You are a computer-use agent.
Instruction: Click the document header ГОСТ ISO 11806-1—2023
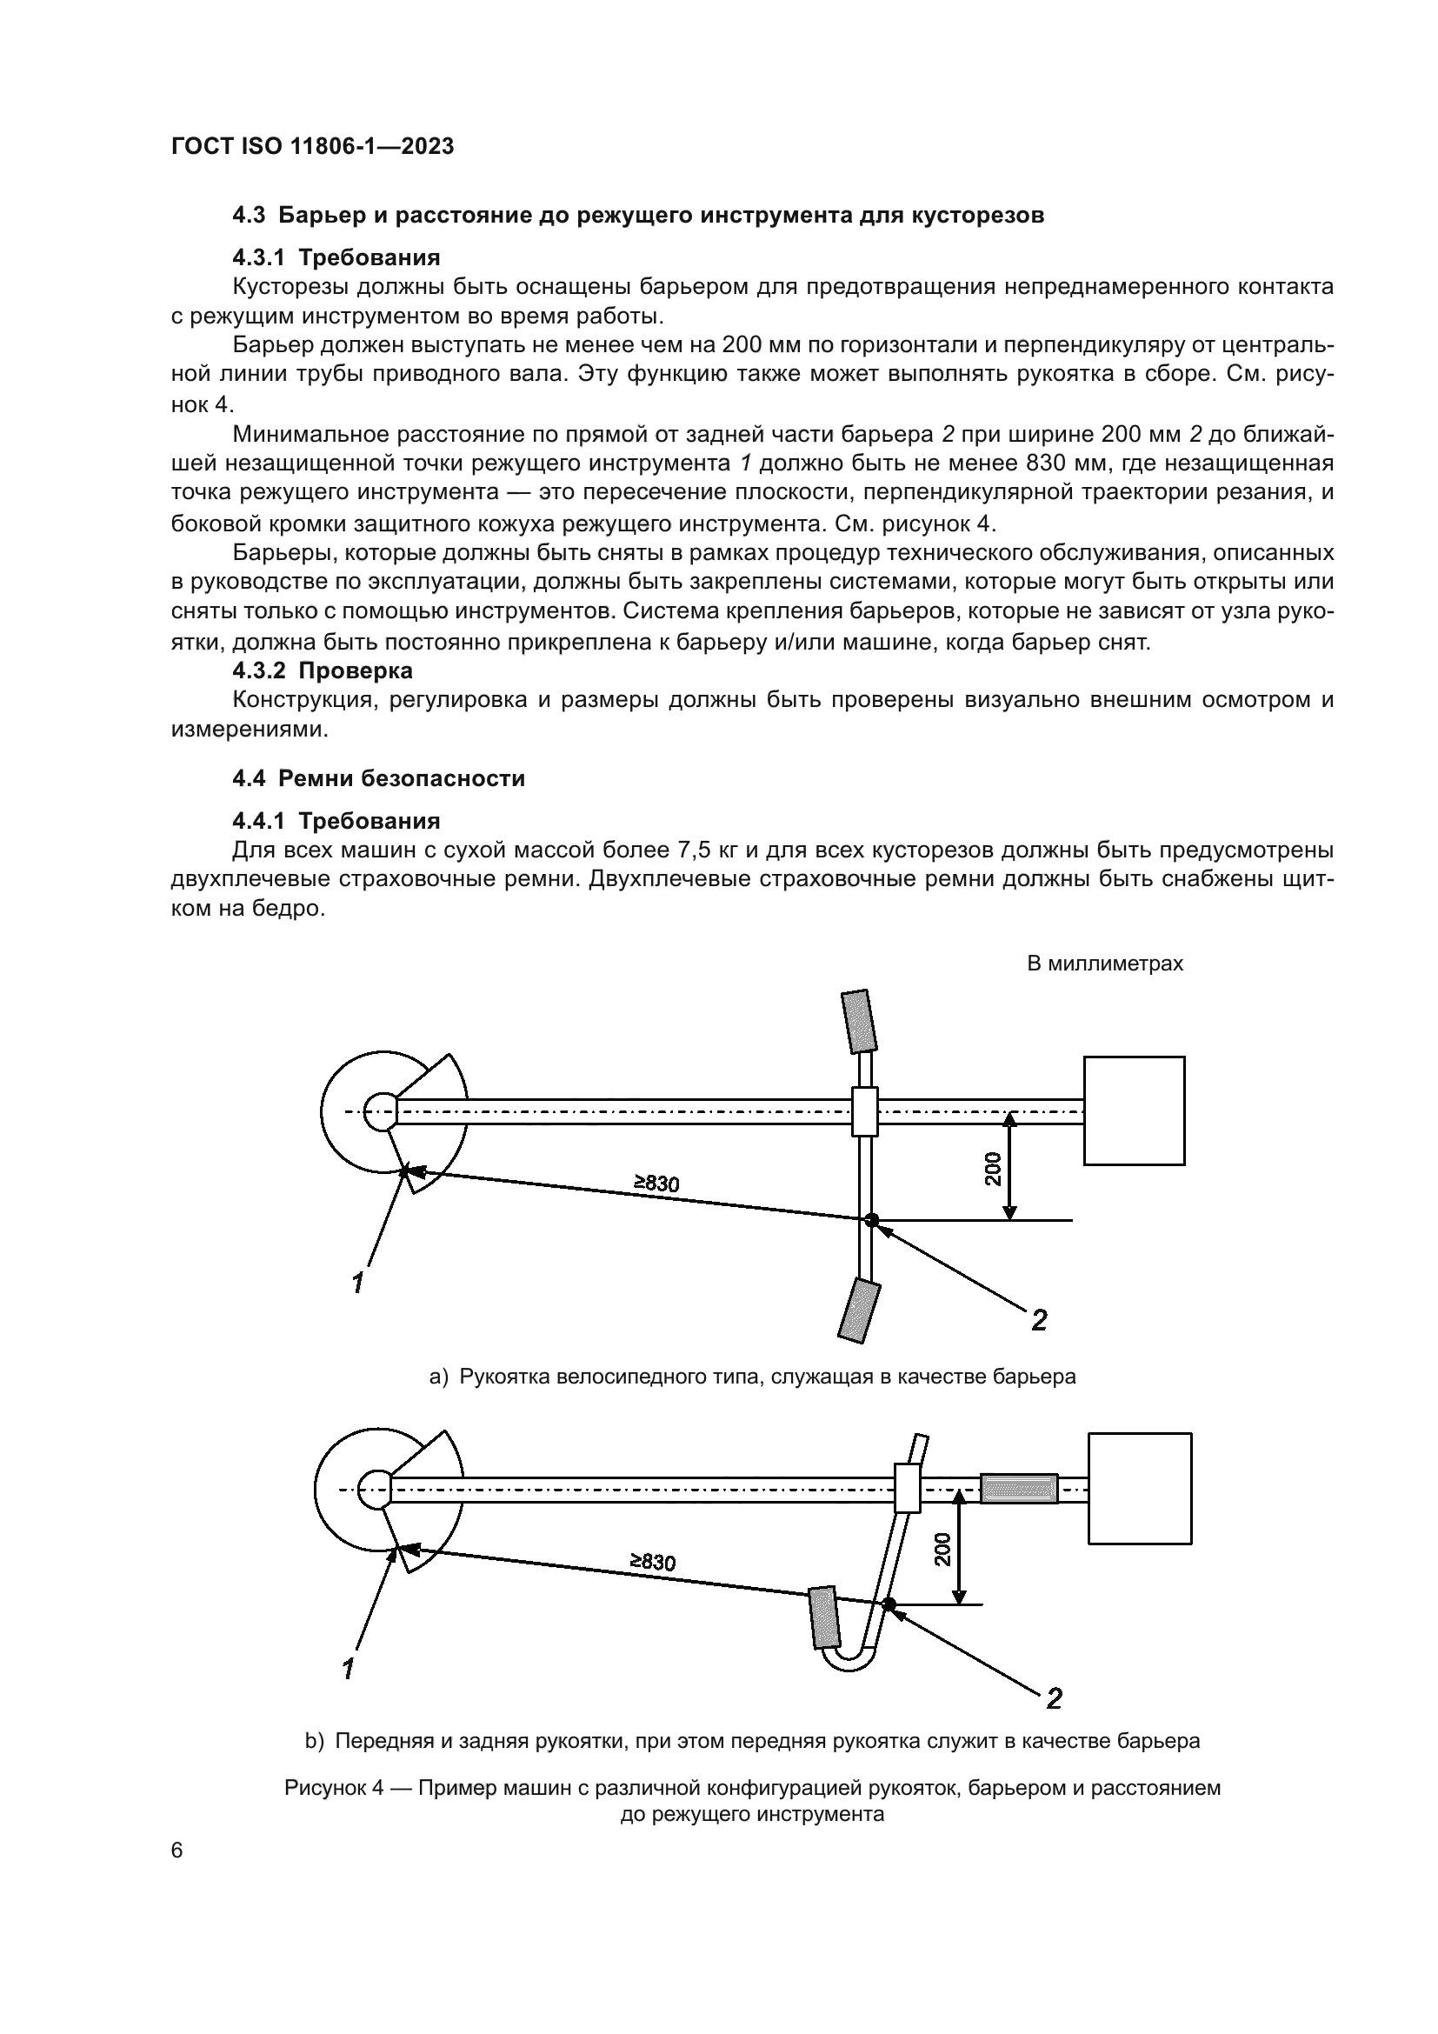point(312,147)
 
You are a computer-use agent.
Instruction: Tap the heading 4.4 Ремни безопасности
point(378,777)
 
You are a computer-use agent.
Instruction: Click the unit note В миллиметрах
point(1104,964)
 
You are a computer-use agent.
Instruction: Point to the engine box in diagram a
point(1134,1110)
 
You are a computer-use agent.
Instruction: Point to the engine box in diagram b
point(1139,1488)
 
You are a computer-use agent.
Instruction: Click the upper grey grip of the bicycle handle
point(858,1022)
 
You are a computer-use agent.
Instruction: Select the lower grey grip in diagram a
point(858,1311)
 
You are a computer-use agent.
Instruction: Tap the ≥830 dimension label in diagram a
point(656,1183)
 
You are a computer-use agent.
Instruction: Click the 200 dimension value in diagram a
point(993,1169)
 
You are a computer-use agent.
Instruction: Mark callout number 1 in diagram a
point(356,1282)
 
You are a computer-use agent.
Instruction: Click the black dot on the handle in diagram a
point(871,1220)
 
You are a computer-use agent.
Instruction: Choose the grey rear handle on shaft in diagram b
point(1018,1488)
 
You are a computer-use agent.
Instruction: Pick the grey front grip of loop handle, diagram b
point(822,1617)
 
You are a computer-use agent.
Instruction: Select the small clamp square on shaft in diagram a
point(864,1110)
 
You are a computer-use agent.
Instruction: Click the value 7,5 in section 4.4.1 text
point(696,851)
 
